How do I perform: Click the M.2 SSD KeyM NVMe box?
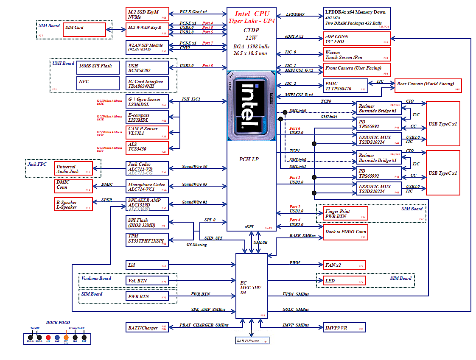(x=147, y=14)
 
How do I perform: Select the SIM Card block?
(x=85, y=29)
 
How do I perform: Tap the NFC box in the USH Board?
(x=98, y=82)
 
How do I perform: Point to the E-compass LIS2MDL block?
(x=147, y=117)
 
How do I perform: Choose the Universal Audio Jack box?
(x=73, y=169)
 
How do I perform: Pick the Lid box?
(x=147, y=265)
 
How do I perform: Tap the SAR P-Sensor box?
(x=252, y=340)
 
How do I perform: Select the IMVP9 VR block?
(x=344, y=328)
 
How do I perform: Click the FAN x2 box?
(x=344, y=265)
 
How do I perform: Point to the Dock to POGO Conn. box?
(x=345, y=232)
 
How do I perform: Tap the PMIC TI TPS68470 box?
(x=345, y=86)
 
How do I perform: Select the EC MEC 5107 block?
(x=251, y=286)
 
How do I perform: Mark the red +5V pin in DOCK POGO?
(x=48, y=338)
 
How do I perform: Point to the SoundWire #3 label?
(x=194, y=184)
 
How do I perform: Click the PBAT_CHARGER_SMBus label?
(x=204, y=325)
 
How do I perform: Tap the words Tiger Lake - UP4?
(x=251, y=21)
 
